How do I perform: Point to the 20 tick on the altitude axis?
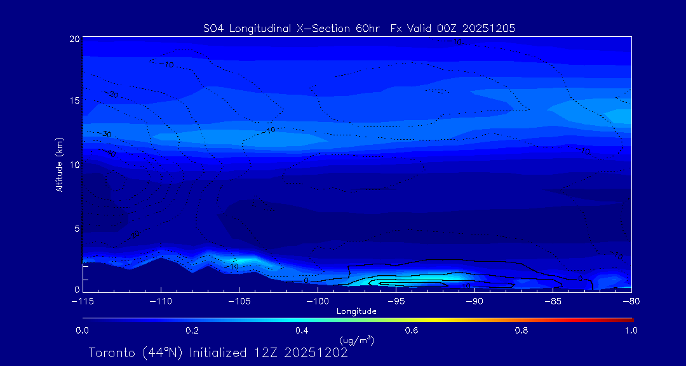pyautogui.click(x=75, y=39)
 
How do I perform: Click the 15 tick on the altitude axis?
pyautogui.click(x=75, y=101)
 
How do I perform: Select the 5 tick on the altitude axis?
pyautogui.click(x=77, y=228)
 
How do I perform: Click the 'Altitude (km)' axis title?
pyautogui.click(x=60, y=165)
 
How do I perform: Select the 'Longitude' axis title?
pyautogui.click(x=356, y=311)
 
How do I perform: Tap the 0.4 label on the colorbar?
pyautogui.click(x=302, y=330)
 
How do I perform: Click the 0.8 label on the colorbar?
pyautogui.click(x=521, y=330)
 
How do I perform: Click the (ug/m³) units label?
pyautogui.click(x=356, y=341)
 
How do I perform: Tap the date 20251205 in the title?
pyautogui.click(x=489, y=28)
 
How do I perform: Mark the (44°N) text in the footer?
pyautogui.click(x=159, y=353)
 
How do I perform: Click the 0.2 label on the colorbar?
pyautogui.click(x=192, y=330)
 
